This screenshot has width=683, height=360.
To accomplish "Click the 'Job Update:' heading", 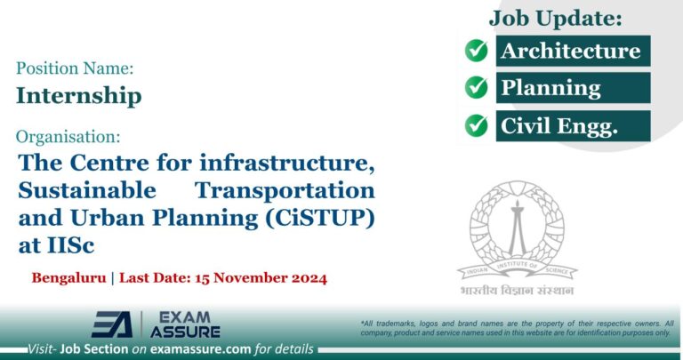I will [555, 17].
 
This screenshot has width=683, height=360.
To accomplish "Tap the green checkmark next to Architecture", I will [477, 51].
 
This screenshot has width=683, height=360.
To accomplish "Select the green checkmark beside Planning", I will [477, 88].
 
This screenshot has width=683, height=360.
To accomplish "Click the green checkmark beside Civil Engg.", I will [477, 125].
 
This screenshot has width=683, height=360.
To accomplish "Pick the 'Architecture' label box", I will [570, 51].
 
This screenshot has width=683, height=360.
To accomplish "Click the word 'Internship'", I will [79, 95].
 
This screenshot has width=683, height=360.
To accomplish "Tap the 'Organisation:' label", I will [68, 137].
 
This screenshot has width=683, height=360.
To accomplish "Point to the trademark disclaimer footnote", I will [517, 326].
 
